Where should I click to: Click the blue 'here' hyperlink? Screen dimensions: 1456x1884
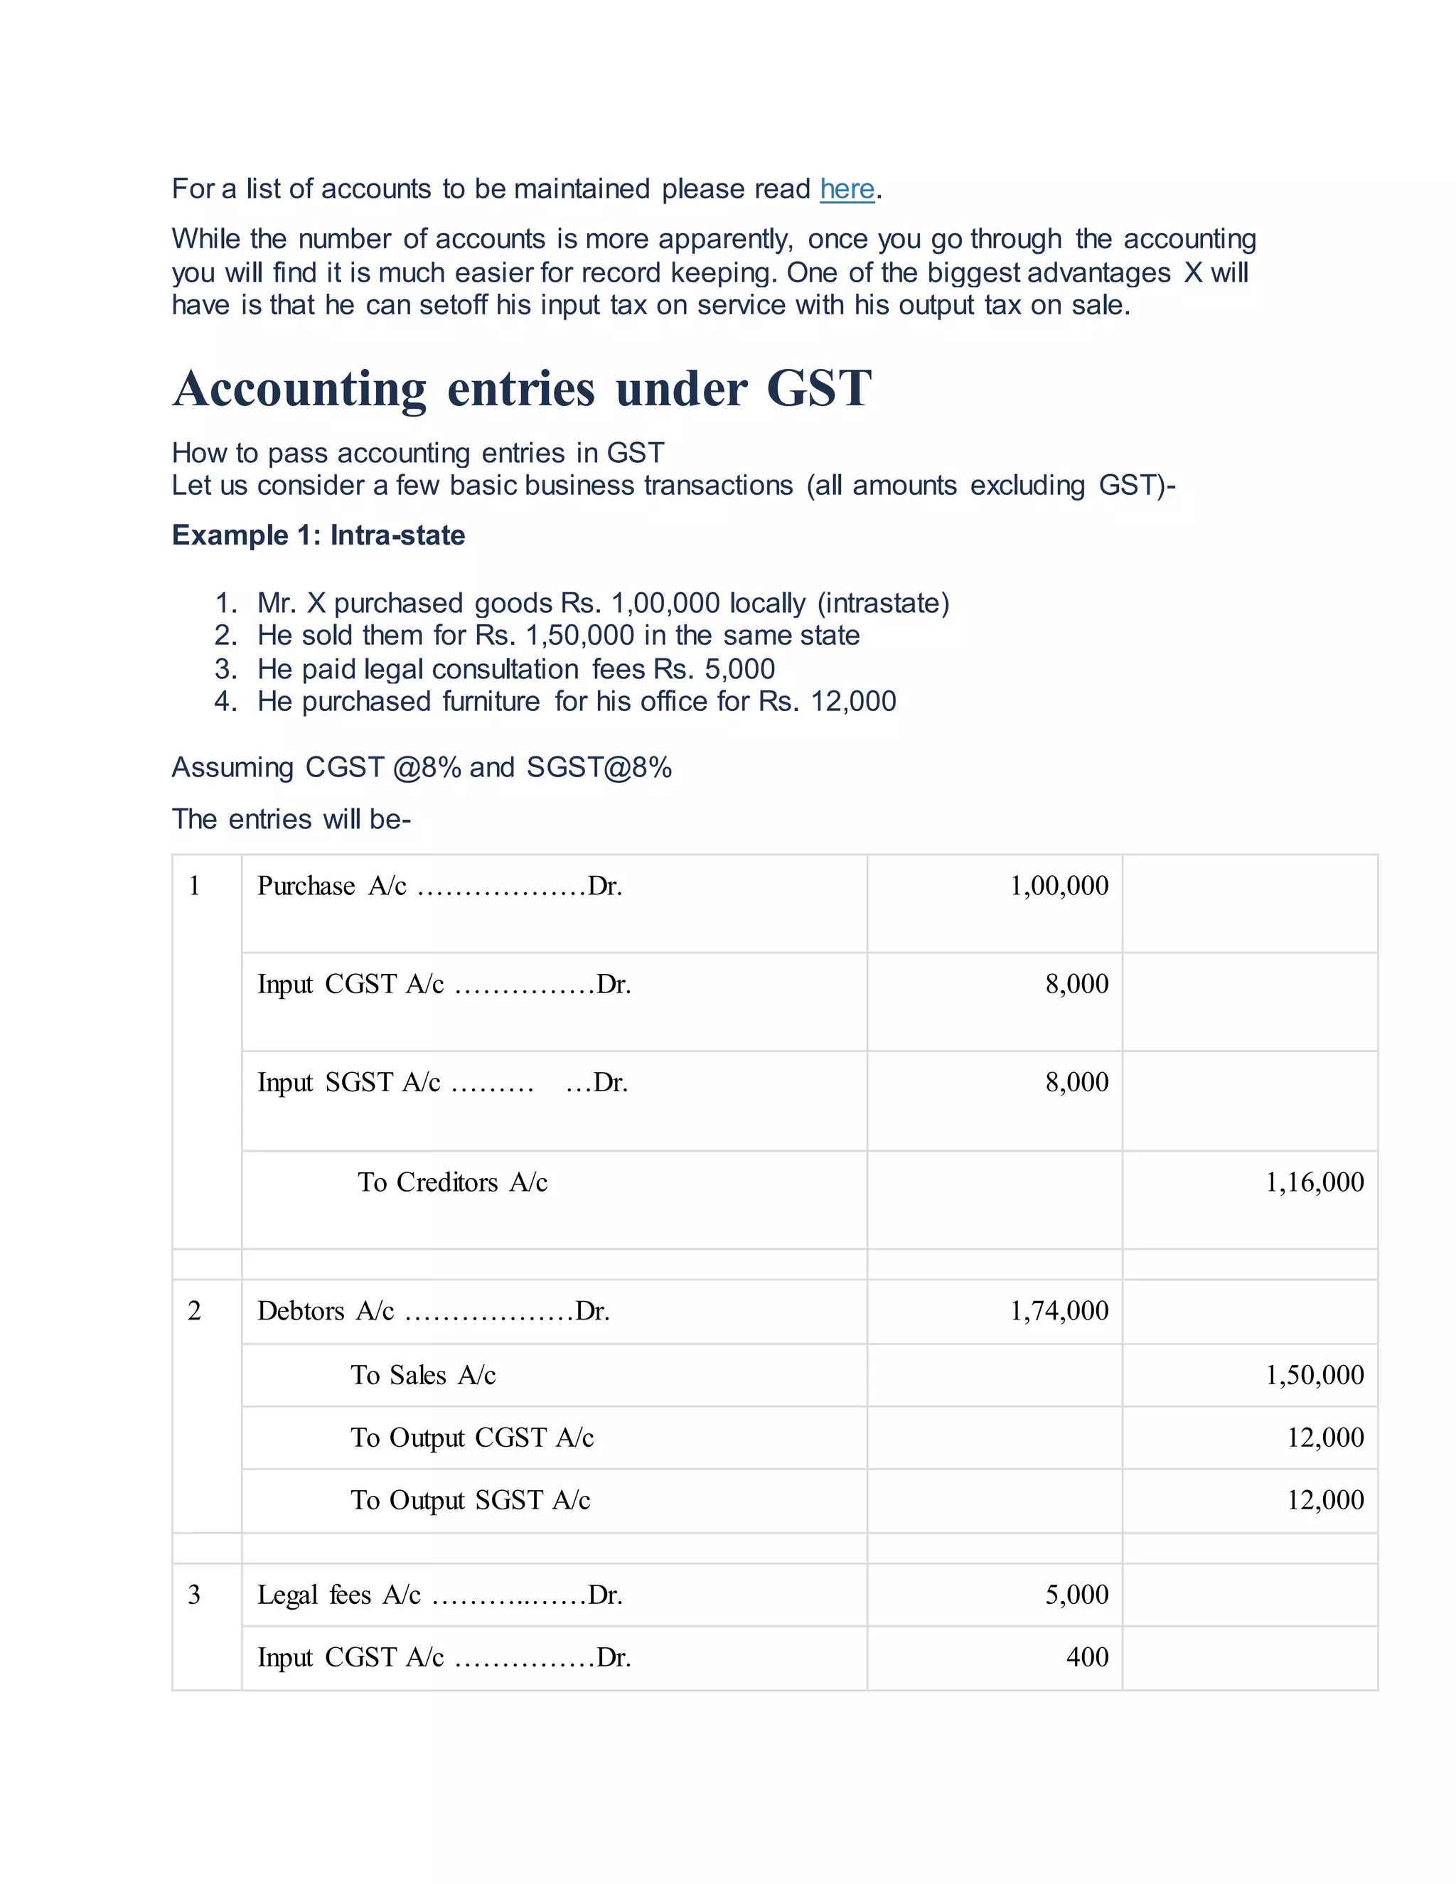(846, 189)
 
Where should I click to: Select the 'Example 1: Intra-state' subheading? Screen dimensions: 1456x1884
(318, 536)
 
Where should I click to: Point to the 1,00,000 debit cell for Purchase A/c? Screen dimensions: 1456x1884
(1059, 886)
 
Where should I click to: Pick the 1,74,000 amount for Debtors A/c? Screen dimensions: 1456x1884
(1059, 1311)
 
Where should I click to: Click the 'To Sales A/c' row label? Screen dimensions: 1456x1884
(423, 1375)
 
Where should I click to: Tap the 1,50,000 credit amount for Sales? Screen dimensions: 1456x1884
(1314, 1375)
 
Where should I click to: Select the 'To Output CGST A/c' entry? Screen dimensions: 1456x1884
(472, 1438)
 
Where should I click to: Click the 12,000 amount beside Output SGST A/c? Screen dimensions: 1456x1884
(1325, 1500)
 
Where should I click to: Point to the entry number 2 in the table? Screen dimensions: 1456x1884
(194, 1311)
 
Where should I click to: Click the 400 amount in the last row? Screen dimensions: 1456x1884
(1087, 1657)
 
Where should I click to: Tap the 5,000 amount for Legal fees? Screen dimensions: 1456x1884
(1076, 1595)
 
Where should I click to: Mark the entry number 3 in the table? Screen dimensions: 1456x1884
(194, 1595)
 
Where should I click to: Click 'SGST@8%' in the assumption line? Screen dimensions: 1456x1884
(599, 768)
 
